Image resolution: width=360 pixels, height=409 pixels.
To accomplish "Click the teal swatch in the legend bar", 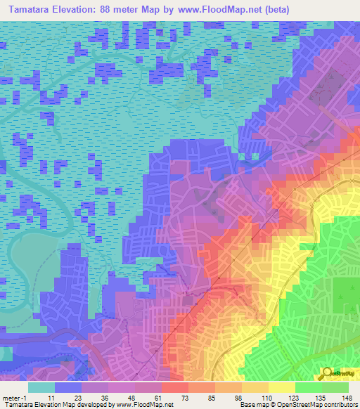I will (41, 388).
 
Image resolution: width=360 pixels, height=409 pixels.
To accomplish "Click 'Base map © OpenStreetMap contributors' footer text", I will (297, 405).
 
